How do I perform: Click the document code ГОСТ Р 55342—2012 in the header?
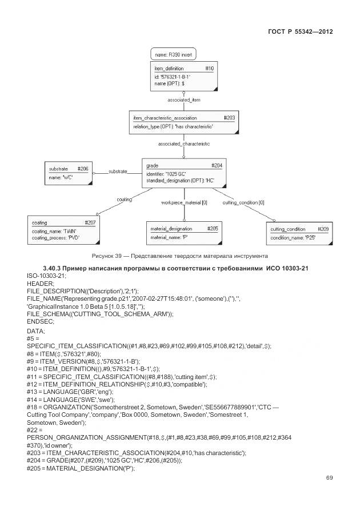tap(299, 31)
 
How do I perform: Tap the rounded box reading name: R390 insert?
tap(174, 55)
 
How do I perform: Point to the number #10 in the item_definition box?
tap(209, 69)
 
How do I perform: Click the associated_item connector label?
tap(183, 100)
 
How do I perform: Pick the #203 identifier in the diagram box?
tap(229, 118)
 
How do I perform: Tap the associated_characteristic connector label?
tap(183, 144)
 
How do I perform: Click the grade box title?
tap(152, 165)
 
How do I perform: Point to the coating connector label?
tap(124, 200)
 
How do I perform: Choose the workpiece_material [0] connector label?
tap(184, 202)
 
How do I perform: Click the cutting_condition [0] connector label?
tap(243, 202)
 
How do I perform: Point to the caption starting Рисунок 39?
tap(179, 255)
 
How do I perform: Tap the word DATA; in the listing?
tap(36, 331)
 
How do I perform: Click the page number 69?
tap(329, 478)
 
